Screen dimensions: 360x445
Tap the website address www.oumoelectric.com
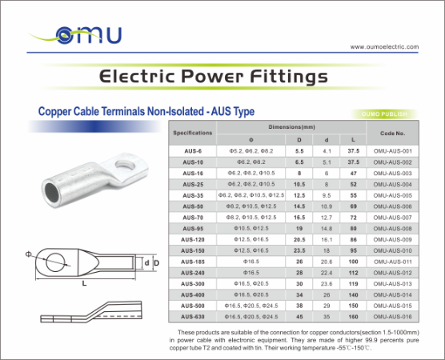[384, 47]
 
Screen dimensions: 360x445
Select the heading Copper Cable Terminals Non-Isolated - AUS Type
[141, 113]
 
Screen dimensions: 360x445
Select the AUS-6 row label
[193, 150]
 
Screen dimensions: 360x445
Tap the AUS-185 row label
[193, 262]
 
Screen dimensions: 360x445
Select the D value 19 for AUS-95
[299, 228]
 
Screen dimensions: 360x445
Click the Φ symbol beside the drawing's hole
[29, 254]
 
